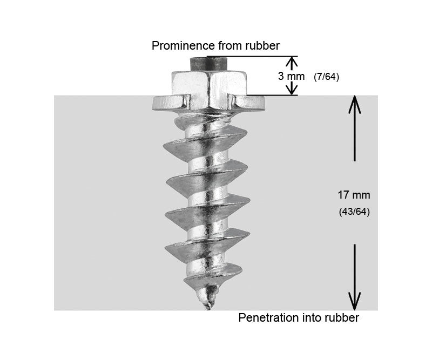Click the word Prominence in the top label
tap(180, 45)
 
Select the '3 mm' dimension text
tap(291, 76)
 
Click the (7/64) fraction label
tap(326, 77)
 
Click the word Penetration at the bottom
tap(267, 317)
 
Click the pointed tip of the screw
tap(207, 308)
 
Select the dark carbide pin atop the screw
tap(207, 63)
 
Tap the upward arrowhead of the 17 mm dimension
tap(354, 103)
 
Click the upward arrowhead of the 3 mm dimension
tap(291, 60)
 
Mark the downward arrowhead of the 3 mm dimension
tap(291, 91)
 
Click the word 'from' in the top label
tap(226, 45)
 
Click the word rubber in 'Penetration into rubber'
tap(342, 317)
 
